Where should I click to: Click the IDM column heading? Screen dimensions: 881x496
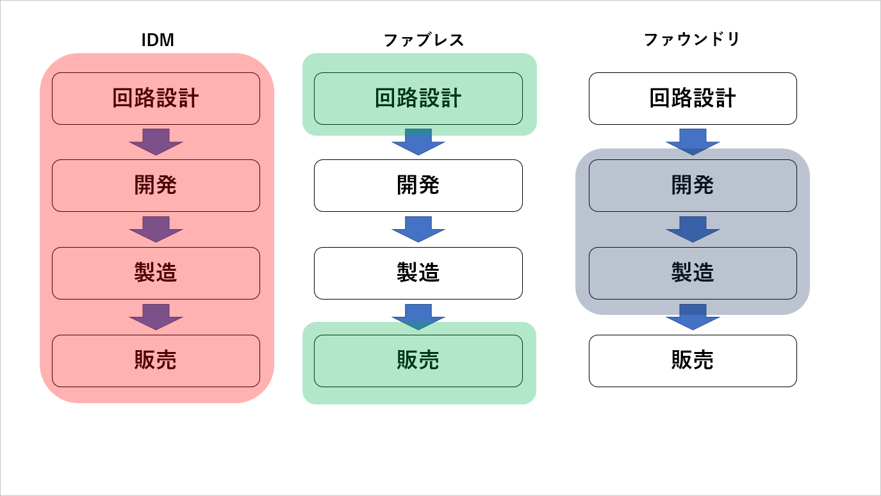coord(158,40)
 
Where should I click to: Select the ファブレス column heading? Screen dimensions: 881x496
coord(423,40)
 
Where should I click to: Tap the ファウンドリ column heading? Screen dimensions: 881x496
coord(692,40)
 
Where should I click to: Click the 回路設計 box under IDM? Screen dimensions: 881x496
coord(156,99)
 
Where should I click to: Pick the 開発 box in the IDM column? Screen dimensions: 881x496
coord(156,186)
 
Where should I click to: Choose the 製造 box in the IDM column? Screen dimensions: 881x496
coord(156,273)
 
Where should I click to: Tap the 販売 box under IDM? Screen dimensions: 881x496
coord(156,361)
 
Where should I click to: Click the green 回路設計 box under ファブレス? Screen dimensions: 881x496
coord(418,99)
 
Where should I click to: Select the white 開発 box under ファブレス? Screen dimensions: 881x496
coord(418,186)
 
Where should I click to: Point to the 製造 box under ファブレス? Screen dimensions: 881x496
coord(418,273)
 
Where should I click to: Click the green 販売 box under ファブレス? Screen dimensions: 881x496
coord(418,361)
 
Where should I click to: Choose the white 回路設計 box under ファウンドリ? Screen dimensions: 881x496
coord(693,99)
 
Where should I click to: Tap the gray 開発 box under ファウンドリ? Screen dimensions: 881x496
coord(693,186)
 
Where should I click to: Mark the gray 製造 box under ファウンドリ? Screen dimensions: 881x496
coord(693,273)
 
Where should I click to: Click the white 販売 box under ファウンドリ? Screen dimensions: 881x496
coord(693,361)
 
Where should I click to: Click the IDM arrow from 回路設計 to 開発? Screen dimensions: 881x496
coord(156,142)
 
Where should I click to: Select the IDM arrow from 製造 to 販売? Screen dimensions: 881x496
coord(156,317)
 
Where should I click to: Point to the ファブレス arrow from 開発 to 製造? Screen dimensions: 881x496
coord(418,229)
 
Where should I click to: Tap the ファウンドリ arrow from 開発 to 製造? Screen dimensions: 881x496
coord(693,229)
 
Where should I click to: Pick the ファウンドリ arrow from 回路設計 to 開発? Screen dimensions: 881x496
coord(693,142)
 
